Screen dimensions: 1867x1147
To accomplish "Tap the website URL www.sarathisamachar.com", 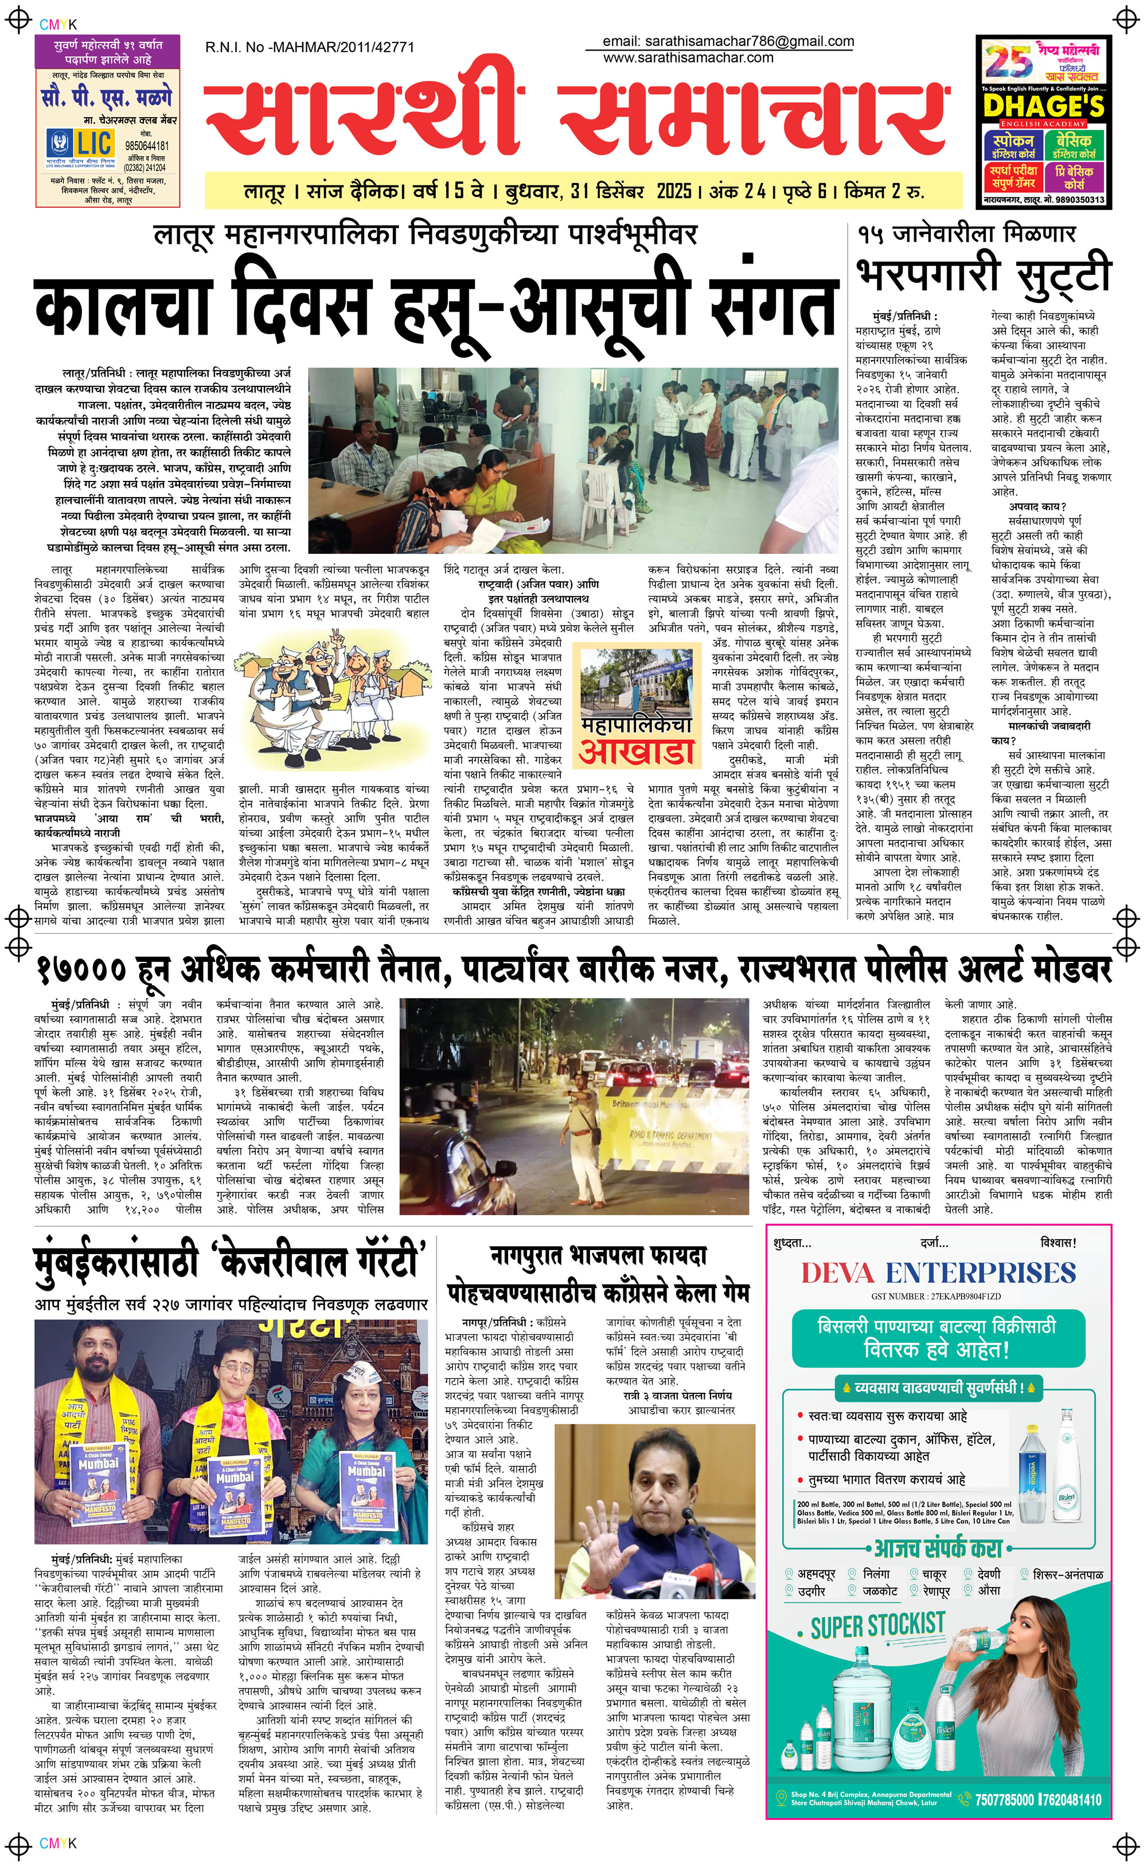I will [688, 57].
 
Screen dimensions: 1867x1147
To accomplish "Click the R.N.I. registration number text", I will [310, 47].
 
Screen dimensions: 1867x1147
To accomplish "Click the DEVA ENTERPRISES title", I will [938, 1273].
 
